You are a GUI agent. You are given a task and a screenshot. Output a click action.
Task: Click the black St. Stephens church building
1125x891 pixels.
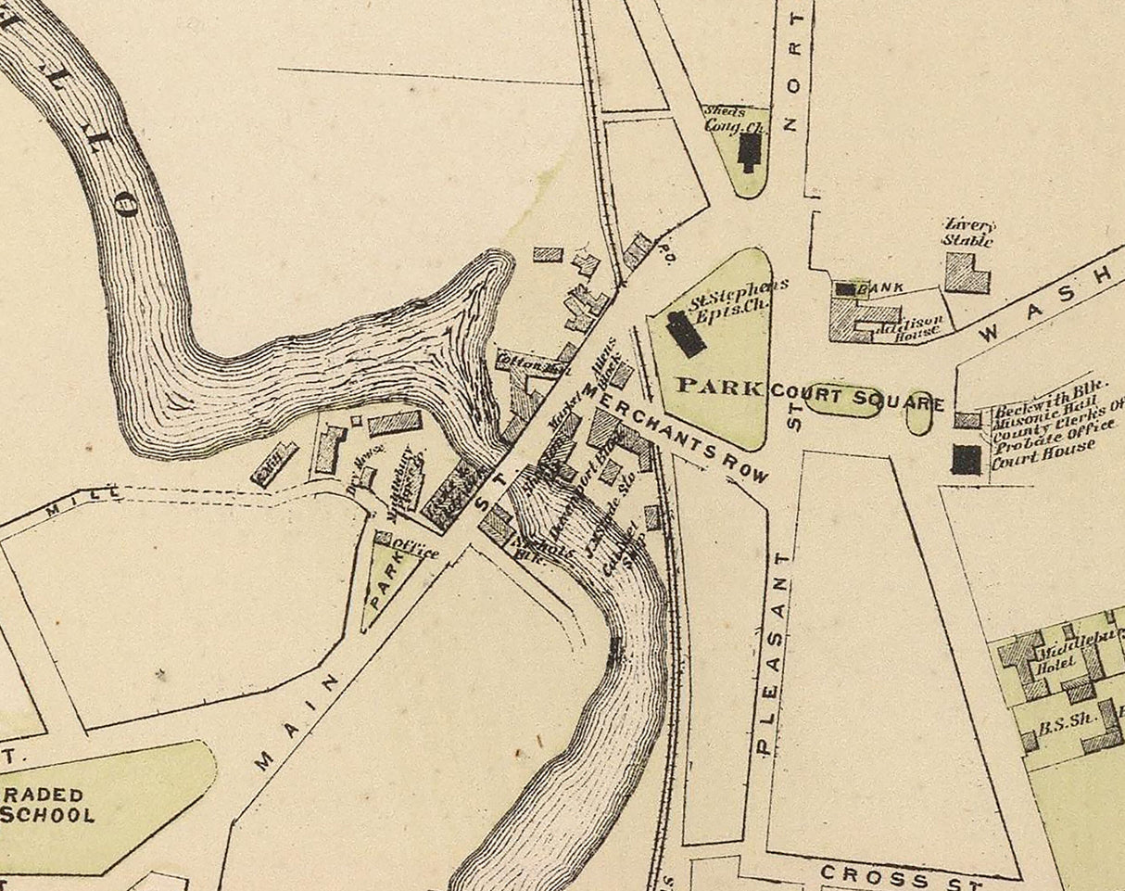coord(687,334)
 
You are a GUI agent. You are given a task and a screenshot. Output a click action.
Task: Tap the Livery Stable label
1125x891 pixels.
coord(968,233)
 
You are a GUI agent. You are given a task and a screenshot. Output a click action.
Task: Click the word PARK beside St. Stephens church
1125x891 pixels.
coord(719,386)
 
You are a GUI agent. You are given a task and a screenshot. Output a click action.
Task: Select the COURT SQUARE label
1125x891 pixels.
coord(857,400)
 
